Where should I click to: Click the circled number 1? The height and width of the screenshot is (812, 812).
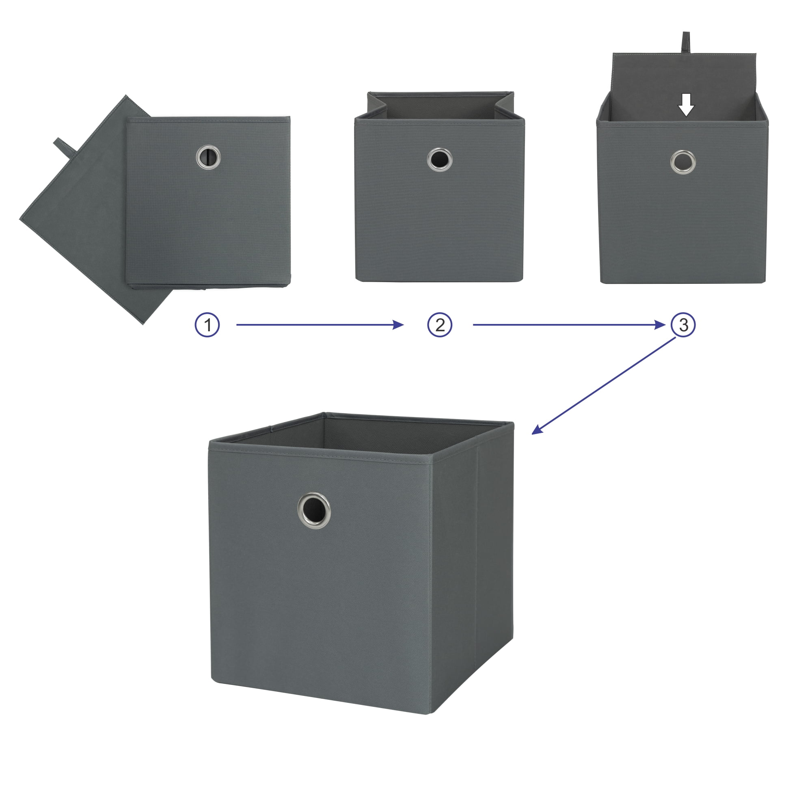(207, 325)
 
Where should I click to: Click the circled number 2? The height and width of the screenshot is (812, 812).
(440, 325)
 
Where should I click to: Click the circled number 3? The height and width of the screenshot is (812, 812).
(683, 325)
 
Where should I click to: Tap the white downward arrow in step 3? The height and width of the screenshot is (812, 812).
(686, 105)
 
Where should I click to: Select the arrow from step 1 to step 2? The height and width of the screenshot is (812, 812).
(320, 324)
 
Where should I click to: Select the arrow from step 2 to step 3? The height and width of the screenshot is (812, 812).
(569, 324)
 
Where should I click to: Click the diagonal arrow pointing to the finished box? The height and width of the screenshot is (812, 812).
(604, 385)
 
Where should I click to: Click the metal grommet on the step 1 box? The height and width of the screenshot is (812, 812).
(208, 157)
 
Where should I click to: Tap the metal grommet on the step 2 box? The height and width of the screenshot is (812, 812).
(440, 160)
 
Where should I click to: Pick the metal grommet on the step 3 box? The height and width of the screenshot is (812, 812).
(683, 162)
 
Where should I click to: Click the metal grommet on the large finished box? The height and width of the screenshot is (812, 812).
(314, 511)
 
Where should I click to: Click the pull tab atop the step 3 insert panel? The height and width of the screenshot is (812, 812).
(685, 42)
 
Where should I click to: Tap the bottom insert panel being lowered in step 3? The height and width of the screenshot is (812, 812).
(684, 84)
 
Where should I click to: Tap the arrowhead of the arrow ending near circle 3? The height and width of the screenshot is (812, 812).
(660, 324)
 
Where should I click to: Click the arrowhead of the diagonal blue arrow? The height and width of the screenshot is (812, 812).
(537, 430)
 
